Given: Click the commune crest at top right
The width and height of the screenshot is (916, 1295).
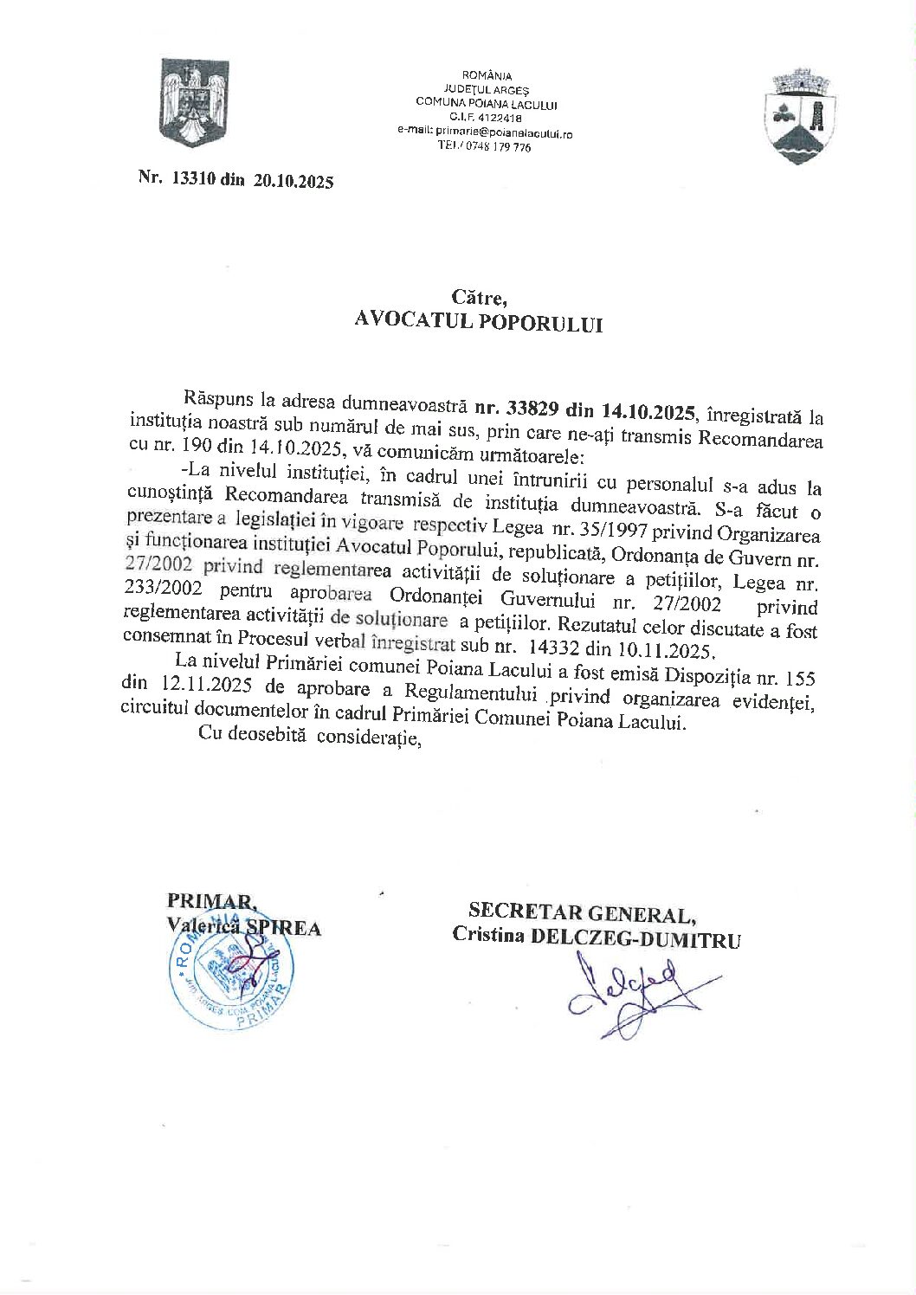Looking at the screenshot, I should (x=801, y=117).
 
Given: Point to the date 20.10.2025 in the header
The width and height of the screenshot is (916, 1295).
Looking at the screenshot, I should (x=294, y=181).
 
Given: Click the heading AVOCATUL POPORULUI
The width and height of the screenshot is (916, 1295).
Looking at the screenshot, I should (x=478, y=322).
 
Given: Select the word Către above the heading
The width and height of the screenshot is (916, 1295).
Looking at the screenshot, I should (x=477, y=298).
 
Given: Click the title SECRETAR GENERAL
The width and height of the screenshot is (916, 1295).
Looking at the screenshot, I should (x=581, y=913).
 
